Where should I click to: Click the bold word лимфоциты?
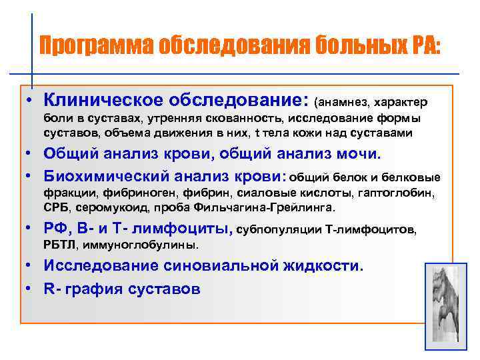[x=181, y=229]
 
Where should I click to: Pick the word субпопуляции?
[x=279, y=231]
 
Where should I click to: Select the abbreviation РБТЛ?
[x=60, y=245]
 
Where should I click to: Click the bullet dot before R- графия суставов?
[x=31, y=289]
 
